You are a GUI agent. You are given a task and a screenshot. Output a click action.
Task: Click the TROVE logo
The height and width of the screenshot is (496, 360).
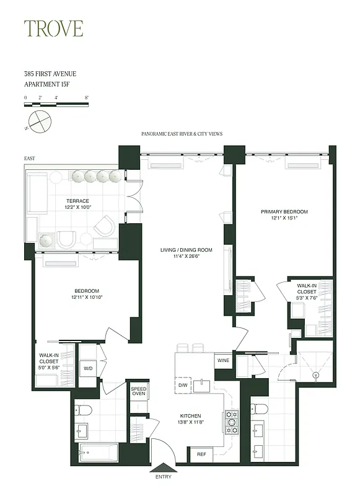[53, 29]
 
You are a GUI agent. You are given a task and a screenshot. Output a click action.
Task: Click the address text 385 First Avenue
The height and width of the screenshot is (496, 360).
[50, 74]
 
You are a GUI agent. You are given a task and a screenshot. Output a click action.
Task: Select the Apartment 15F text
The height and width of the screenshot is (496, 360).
[50, 84]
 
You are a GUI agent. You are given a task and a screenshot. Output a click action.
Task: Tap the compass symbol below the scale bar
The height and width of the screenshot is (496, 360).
[39, 121]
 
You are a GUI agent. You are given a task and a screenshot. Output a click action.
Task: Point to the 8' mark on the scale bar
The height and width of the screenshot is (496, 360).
[87, 98]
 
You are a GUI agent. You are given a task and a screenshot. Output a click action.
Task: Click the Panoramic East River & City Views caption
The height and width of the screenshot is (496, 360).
[182, 133]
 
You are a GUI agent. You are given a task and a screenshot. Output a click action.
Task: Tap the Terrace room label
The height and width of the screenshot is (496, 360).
[78, 201]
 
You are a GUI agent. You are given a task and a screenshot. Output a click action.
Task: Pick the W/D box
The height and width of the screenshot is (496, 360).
[88, 368]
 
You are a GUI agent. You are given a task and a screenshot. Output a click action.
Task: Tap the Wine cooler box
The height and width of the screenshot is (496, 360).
[222, 360]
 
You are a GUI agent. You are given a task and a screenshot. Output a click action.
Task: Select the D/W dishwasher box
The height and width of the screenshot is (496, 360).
[183, 386]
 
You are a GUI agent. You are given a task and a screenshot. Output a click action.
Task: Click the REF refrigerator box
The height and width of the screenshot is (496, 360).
[201, 454]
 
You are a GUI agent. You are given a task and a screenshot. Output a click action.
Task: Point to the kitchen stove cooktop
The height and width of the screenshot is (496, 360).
[232, 422]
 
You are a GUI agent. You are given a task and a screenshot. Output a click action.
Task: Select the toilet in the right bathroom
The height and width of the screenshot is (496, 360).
[260, 409]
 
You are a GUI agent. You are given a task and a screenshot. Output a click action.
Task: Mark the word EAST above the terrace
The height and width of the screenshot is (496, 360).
[30, 159]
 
